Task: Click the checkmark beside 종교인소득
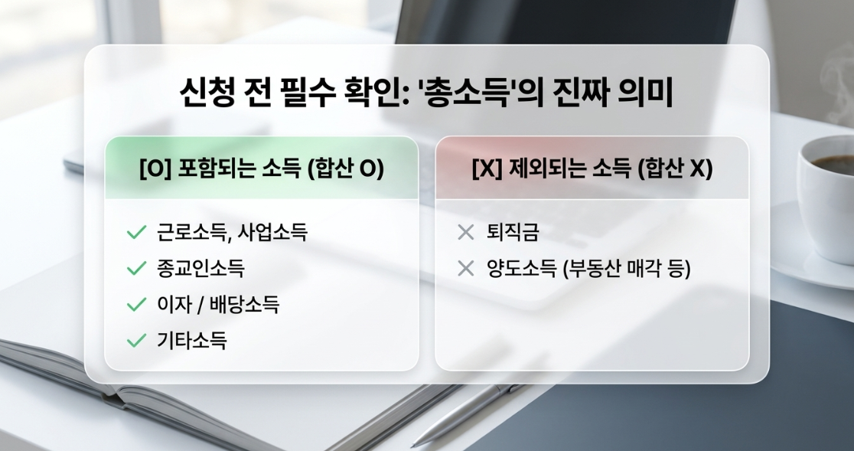(136, 268)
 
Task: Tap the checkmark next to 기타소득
(136, 341)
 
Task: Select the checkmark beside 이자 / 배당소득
(136, 305)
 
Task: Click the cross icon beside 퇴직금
(466, 233)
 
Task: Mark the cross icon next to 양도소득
(466, 269)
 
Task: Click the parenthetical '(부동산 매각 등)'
(626, 269)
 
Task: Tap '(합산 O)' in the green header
(345, 169)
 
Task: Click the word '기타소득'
(192, 341)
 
